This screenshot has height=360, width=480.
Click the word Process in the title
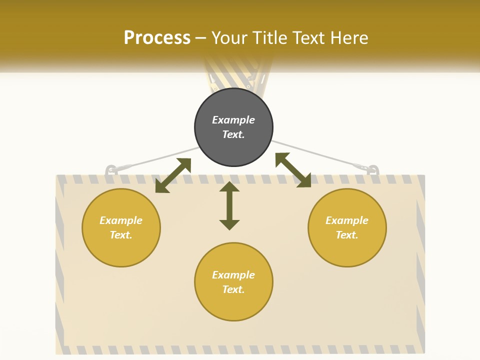(157, 38)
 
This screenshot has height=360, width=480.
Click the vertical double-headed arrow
(229, 205)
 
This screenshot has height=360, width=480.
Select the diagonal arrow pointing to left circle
(173, 175)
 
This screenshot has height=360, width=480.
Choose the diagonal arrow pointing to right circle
(293, 170)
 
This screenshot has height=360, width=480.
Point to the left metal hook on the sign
(111, 170)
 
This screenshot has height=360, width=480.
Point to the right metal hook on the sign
(372, 170)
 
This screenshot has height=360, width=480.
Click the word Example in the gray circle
(233, 120)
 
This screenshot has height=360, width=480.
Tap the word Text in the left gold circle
(121, 235)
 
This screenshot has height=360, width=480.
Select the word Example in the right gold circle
(347, 220)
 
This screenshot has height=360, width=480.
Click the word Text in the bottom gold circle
(233, 289)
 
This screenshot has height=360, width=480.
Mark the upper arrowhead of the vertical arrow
(229, 187)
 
